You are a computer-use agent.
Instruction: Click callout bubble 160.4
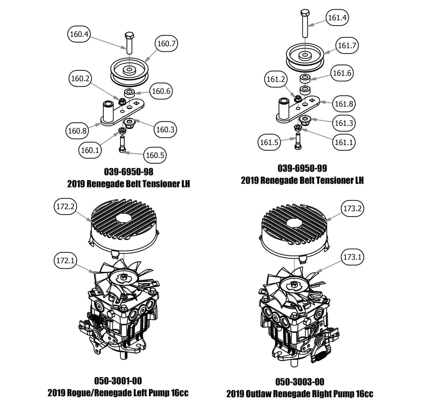[78, 34]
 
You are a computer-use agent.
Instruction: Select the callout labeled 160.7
[166, 44]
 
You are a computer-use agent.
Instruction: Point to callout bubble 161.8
[343, 104]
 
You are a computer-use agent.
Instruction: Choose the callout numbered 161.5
[269, 142]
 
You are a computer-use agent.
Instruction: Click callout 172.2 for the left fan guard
[65, 206]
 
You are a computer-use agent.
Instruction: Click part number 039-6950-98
[128, 172]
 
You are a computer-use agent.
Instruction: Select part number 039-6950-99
[302, 168]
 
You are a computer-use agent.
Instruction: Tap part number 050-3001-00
[118, 381]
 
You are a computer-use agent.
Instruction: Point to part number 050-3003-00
[300, 382]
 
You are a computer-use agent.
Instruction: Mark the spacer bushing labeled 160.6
[129, 92]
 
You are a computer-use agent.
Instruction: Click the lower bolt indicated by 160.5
[123, 144]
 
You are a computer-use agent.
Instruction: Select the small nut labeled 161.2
[297, 98]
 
